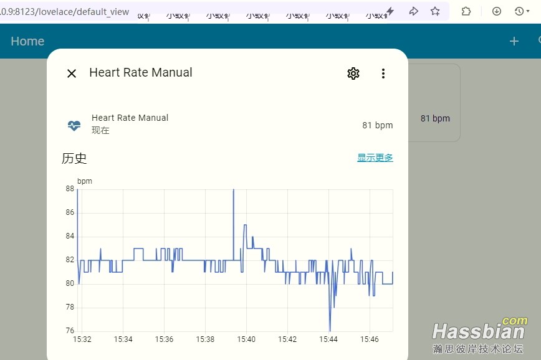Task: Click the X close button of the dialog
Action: (72, 73)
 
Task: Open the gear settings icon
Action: (353, 73)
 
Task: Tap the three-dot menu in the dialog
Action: (383, 73)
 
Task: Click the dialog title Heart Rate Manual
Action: (141, 72)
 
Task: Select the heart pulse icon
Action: (74, 125)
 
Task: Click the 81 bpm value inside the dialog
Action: (377, 125)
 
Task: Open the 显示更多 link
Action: (375, 158)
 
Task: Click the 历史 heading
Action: (74, 158)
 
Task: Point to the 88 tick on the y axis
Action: (70, 189)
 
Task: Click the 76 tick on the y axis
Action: (70, 331)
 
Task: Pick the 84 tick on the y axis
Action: (70, 236)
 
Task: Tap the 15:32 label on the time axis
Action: (82, 339)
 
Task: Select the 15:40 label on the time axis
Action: (246, 339)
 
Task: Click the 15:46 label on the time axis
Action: (369, 339)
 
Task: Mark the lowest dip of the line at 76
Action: (330, 330)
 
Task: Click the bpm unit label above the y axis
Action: (84, 181)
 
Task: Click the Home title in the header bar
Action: (27, 41)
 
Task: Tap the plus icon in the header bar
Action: (514, 41)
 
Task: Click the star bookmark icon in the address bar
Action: (435, 11)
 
